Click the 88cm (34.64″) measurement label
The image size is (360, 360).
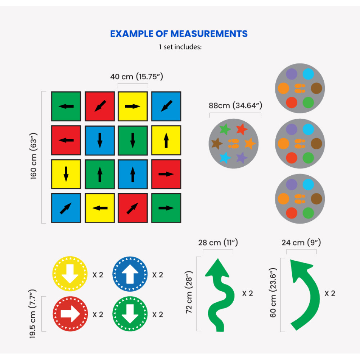pos(235,106)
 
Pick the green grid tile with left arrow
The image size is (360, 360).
pos(66,106)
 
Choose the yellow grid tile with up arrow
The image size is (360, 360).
pos(166,140)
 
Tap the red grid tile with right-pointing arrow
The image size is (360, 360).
pos(166,174)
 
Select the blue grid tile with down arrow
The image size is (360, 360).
pos(100,140)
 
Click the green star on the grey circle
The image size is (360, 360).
pos(225,129)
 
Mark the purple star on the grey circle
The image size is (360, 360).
pos(242,157)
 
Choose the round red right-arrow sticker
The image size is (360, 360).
pos(70,314)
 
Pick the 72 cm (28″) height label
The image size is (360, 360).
pos(190,294)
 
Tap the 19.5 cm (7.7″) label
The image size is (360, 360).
pos(33,314)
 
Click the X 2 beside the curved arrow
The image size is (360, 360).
pos(330,293)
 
